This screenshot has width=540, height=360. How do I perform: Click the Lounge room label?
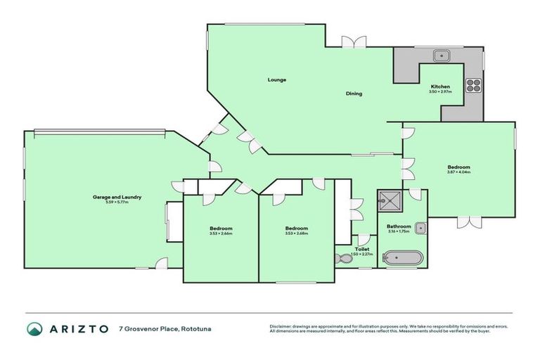(276, 79)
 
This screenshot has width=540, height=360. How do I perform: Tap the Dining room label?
(354, 94)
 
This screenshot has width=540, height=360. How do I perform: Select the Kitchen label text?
(440, 86)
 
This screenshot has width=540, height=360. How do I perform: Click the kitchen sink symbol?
(442, 53)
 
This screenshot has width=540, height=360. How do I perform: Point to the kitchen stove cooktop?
(473, 86)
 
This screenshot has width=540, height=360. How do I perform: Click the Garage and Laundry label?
(117, 198)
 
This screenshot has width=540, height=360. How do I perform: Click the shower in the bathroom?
(387, 202)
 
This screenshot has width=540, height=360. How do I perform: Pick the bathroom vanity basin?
(420, 227)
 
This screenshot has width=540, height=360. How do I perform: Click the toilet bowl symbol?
(342, 258)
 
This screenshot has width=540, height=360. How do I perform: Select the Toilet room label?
(362, 249)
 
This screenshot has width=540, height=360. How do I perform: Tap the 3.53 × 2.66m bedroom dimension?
(221, 233)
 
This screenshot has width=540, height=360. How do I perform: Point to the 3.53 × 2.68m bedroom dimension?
(296, 233)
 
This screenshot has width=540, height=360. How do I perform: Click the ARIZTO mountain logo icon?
(34, 328)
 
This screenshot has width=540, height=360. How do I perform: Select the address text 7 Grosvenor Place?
(150, 328)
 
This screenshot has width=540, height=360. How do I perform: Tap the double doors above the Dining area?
(354, 42)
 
